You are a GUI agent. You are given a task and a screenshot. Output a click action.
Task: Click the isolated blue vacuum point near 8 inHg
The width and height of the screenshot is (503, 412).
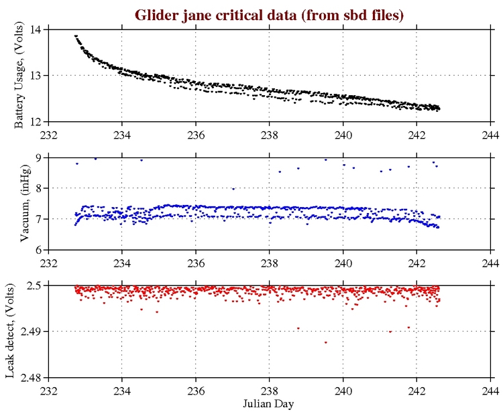[233, 189]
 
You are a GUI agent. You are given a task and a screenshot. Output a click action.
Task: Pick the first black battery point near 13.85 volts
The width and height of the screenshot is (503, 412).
[76, 36]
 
